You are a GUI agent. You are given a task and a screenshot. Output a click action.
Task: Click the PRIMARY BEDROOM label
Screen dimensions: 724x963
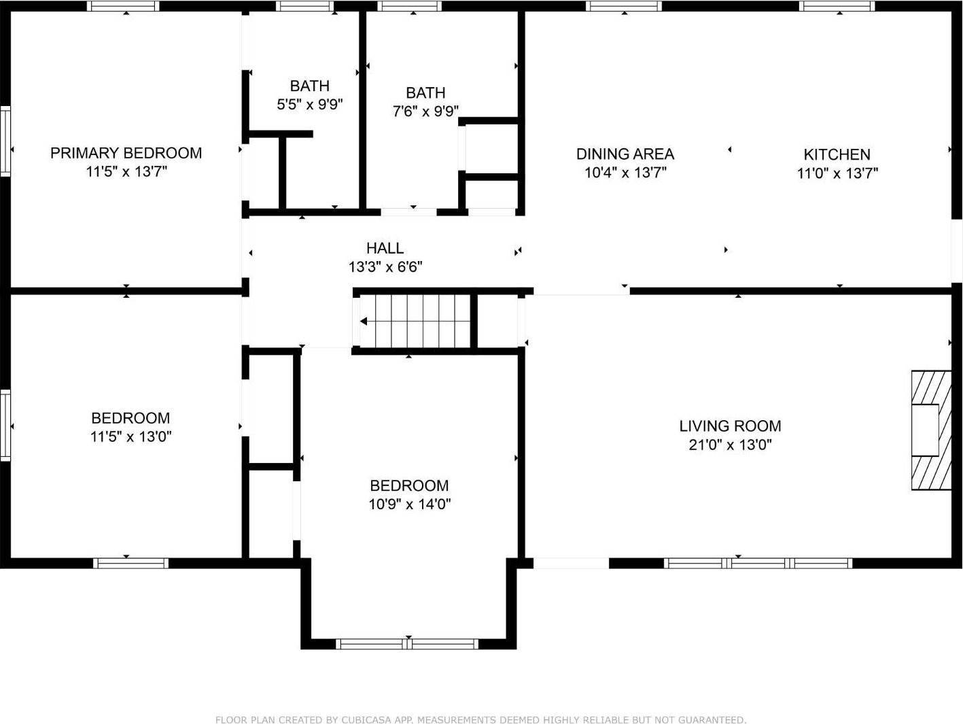pyautogui.click(x=126, y=153)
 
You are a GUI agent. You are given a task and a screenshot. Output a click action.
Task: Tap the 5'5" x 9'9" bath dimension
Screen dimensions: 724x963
pyautogui.click(x=309, y=105)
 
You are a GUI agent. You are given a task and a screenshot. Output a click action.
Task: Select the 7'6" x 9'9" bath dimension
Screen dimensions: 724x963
pyautogui.click(x=425, y=111)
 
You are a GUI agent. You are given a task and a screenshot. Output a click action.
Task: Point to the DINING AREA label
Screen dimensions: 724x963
pyautogui.click(x=625, y=154)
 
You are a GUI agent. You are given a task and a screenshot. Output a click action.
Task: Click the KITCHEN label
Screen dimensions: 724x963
pyautogui.click(x=837, y=154)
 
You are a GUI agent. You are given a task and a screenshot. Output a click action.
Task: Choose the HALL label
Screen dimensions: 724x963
pyautogui.click(x=385, y=248)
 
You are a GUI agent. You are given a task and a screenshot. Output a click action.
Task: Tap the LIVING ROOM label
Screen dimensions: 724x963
pyautogui.click(x=730, y=426)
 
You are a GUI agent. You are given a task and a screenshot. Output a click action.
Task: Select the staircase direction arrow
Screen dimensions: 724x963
pyautogui.click(x=366, y=322)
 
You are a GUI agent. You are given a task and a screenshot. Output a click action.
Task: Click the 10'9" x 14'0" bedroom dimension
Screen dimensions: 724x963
pyautogui.click(x=409, y=504)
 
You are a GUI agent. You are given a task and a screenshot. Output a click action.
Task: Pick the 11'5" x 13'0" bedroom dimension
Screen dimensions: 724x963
pyautogui.click(x=130, y=436)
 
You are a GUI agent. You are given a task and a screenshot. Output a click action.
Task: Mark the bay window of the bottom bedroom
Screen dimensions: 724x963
pyautogui.click(x=408, y=643)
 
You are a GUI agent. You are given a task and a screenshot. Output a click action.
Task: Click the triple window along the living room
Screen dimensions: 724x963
pyautogui.click(x=757, y=563)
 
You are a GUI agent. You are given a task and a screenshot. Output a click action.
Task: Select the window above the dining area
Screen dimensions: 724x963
pyautogui.click(x=624, y=6)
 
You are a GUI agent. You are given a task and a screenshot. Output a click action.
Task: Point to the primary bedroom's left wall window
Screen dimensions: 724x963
pyautogui.click(x=5, y=141)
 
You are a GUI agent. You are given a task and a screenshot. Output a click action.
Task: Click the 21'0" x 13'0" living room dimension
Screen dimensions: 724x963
pyautogui.click(x=730, y=445)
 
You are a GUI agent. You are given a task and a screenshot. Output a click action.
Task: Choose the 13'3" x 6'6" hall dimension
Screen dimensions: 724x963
pyautogui.click(x=385, y=267)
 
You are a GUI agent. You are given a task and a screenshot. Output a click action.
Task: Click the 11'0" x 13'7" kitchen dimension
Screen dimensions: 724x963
pyautogui.click(x=837, y=173)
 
